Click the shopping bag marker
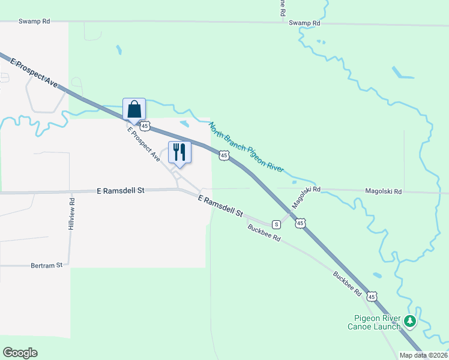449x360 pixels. (x=134, y=110)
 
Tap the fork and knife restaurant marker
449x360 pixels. (x=179, y=152)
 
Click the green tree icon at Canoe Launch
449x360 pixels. (x=410, y=322)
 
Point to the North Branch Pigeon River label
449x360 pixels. (x=246, y=148)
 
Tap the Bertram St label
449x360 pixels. (x=47, y=265)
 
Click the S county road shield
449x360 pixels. (x=276, y=224)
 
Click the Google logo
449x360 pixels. (x=20, y=353)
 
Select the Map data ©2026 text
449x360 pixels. (x=423, y=355)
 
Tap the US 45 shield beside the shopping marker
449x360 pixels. (x=145, y=125)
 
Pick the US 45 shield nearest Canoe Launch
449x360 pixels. (x=372, y=297)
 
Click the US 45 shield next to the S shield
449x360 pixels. (x=300, y=223)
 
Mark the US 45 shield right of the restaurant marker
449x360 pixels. (x=223, y=155)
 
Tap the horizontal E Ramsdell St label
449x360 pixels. (x=121, y=190)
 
